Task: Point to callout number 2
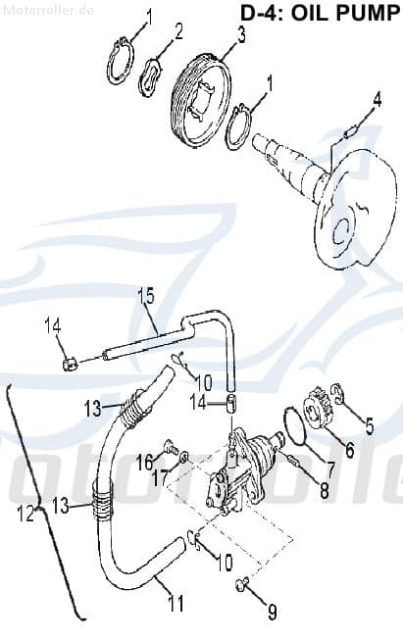178,32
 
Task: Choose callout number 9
244,614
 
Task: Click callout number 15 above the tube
145,295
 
